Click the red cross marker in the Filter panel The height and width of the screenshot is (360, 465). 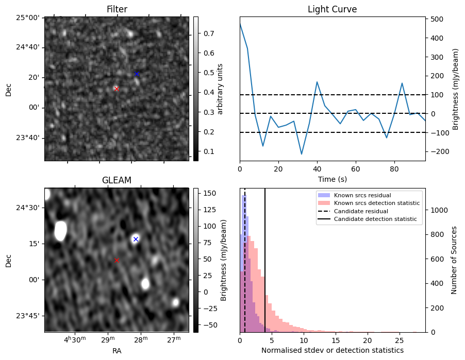coord(117,89)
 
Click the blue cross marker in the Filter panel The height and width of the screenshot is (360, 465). coord(137,74)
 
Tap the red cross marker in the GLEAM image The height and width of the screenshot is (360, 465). coord(117,260)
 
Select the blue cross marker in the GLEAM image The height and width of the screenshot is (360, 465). coord(136,239)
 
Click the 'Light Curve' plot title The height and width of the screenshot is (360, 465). coord(332,9)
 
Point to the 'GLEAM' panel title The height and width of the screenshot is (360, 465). coord(117,180)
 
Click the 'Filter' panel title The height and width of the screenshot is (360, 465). coord(117,9)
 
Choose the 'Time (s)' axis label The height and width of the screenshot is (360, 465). coord(332,179)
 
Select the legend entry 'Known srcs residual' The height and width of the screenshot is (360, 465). coord(362,195)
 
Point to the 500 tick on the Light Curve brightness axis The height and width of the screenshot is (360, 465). coord(438,19)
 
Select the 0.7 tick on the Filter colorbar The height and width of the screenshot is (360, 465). coord(209,33)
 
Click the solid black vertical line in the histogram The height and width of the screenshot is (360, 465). coord(265,258)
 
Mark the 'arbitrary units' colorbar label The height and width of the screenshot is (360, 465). coord(220,89)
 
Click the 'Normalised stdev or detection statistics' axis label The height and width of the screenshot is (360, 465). coord(332,350)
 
